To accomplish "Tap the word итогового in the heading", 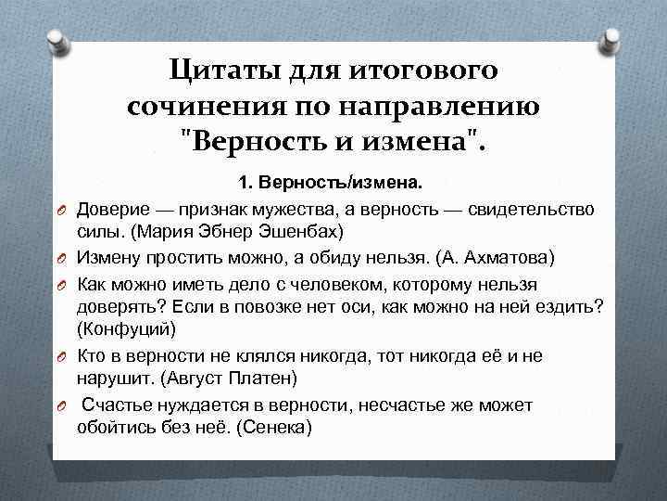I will coord(422,70).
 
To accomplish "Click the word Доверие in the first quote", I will coord(112,207).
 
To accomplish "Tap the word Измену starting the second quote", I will coord(108,255).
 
